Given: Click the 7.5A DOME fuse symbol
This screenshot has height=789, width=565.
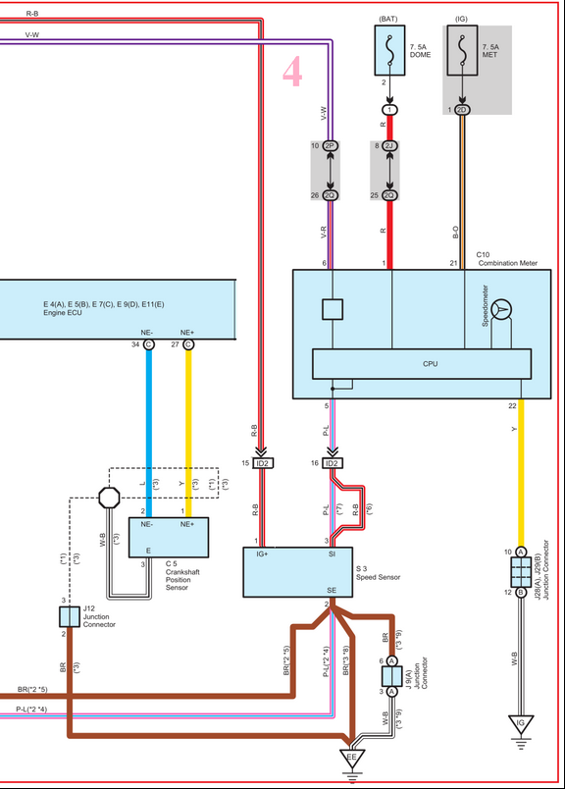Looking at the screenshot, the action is (x=389, y=50).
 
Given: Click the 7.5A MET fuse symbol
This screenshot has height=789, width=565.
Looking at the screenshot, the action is (x=462, y=50).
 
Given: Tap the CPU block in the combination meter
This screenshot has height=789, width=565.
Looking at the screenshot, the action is (x=422, y=364).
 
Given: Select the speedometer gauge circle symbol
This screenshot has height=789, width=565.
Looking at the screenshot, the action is (x=501, y=309).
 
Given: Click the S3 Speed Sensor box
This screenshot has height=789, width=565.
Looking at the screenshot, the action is (x=298, y=572).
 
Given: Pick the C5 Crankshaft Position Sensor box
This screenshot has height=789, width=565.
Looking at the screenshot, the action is (x=169, y=538).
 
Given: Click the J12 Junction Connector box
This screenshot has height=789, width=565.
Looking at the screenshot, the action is (x=70, y=616).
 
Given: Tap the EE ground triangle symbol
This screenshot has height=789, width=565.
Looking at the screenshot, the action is (x=352, y=759).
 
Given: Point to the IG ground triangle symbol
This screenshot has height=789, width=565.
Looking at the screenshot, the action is (x=521, y=724).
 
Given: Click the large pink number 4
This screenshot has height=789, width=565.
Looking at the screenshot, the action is (x=292, y=71).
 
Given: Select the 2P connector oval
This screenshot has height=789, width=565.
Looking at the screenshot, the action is (x=330, y=146).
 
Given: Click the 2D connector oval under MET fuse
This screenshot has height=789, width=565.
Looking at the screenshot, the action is (x=462, y=110).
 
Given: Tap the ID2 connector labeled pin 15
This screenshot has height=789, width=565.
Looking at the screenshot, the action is (x=262, y=463).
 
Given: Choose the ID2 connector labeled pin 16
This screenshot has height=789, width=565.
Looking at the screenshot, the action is (x=332, y=463).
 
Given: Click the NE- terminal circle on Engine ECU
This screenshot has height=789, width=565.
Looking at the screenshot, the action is (x=148, y=344).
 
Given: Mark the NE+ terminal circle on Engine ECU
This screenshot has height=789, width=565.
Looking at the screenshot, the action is (x=188, y=344).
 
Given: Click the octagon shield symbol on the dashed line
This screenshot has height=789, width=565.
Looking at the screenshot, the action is (x=109, y=498).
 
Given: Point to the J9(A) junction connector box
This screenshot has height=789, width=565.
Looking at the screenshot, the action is (x=391, y=676).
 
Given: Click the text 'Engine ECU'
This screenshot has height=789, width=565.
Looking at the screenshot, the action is (x=63, y=313).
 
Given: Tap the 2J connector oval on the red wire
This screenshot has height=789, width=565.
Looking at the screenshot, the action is (x=389, y=146).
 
